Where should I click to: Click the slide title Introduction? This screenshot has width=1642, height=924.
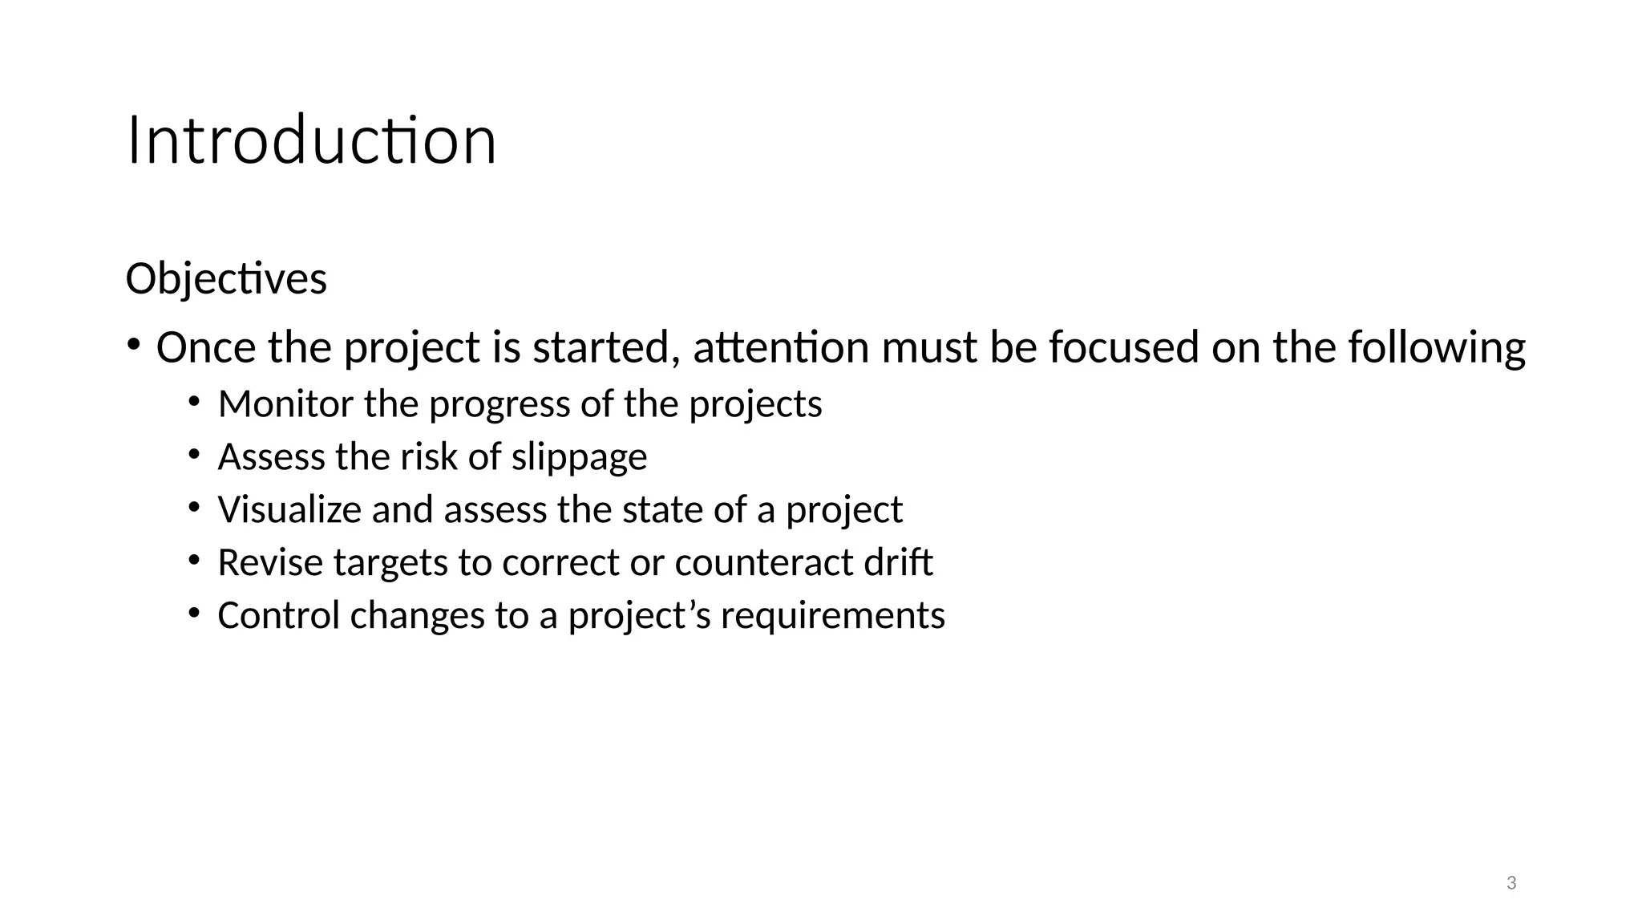pos(311,141)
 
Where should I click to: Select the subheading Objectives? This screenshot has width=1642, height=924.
pos(226,279)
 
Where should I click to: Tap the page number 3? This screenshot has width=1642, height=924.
pos(1511,883)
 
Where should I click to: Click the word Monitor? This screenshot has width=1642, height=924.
pos(285,403)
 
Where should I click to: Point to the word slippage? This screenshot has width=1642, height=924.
pos(579,457)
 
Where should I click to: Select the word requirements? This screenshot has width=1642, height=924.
pos(833,616)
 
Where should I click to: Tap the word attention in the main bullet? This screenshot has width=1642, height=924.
pos(781,348)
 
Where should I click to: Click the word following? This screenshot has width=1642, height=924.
pos(1437,348)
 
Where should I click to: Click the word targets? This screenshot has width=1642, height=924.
pos(390,563)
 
